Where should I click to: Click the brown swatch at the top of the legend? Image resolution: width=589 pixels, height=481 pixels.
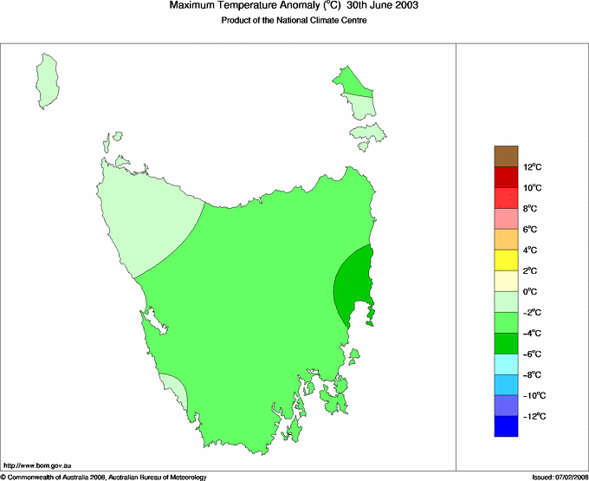[506, 156]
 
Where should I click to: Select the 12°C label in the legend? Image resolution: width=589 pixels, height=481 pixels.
[532, 167]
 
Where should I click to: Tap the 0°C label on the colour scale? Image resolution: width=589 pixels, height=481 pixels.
[532, 292]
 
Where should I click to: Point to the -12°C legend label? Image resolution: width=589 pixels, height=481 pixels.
[534, 417]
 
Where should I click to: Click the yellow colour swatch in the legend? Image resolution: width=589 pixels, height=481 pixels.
[506, 260]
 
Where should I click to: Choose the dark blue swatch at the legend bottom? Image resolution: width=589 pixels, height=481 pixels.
[506, 426]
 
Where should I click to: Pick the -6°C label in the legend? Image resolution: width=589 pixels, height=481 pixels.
[533, 354]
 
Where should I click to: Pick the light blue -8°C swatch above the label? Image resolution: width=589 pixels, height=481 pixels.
[506, 364]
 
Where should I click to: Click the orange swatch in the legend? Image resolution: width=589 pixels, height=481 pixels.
[506, 239]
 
